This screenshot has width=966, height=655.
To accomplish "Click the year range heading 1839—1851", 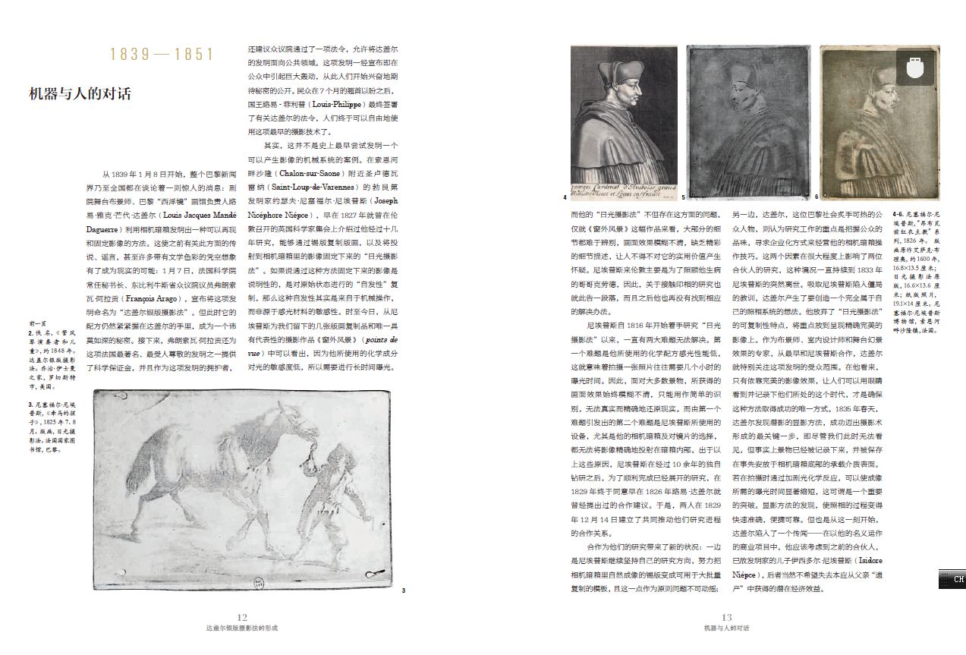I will coord(162,54).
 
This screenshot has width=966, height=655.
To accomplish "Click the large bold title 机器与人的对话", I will coord(80,93).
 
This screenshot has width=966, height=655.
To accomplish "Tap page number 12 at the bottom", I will coord(242,618).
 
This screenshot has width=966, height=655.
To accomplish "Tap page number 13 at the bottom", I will coord(726,618).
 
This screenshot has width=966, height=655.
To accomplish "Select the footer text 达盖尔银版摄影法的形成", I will coord(242,628).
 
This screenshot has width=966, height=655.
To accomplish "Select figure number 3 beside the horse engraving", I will coord(403,590).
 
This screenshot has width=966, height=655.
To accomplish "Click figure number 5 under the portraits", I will coord(683,197).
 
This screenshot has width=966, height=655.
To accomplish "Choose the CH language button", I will coord(952,579).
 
